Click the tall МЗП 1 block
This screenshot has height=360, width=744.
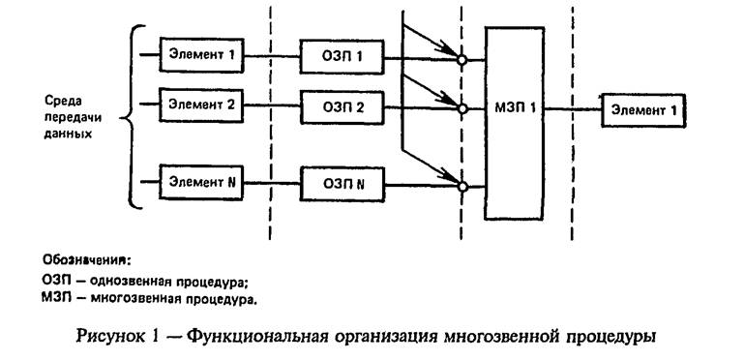[x=514, y=109]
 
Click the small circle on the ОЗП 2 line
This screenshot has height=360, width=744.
[x=461, y=108]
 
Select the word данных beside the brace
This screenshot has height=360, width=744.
[x=67, y=134]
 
